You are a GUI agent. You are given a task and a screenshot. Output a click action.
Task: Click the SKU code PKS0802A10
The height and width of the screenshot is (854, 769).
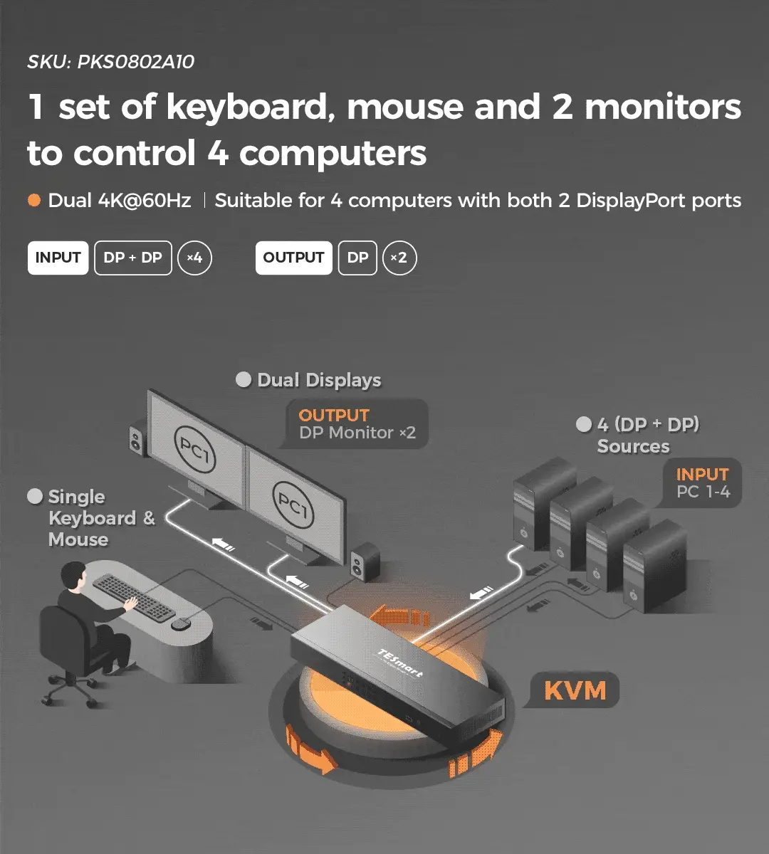point(135,62)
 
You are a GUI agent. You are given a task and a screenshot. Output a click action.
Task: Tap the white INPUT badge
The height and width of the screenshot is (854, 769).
point(58,258)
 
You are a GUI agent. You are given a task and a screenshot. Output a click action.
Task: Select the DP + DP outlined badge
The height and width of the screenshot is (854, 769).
point(133,258)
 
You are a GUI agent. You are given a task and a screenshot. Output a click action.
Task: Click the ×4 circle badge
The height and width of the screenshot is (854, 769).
point(194,258)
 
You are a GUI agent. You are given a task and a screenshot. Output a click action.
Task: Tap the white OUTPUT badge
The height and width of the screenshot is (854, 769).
point(293,258)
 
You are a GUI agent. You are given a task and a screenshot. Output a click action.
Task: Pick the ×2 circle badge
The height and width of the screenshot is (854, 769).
point(399,258)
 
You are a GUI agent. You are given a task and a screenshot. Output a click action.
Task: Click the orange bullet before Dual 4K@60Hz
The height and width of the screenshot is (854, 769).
point(34,200)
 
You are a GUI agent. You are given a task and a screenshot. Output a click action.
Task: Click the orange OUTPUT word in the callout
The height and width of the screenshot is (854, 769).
point(333,415)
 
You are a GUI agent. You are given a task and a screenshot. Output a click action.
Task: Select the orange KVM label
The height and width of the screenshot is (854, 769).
point(575,690)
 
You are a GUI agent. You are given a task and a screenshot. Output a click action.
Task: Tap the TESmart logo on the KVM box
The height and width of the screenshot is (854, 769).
point(400,663)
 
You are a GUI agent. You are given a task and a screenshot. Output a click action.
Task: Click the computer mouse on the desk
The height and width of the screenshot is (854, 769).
point(181,623)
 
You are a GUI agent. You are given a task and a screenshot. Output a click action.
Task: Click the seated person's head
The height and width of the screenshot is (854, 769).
point(74,576)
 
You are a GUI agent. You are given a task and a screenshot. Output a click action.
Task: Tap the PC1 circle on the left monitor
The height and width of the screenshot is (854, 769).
point(194,450)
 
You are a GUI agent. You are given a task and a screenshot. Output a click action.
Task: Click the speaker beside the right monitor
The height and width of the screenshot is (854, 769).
point(365,561)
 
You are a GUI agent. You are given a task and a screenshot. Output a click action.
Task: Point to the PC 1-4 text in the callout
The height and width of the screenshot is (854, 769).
point(703,492)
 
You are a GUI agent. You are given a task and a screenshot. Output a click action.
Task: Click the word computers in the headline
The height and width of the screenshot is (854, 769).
point(333,153)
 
